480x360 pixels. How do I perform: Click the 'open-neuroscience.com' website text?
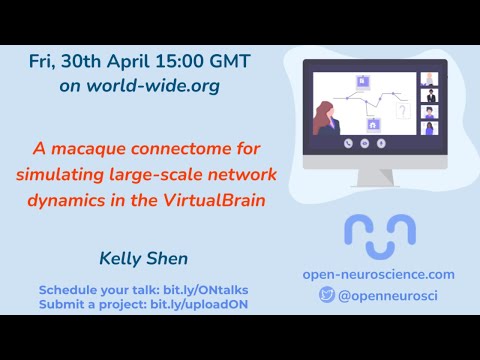pos(378,274)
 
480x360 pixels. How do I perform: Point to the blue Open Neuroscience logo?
pos(379,231)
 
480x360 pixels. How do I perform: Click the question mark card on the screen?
pos(403,111)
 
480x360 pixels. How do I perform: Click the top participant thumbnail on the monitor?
pos(431,79)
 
